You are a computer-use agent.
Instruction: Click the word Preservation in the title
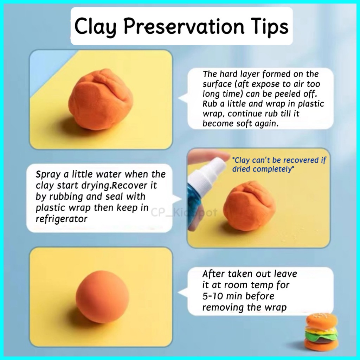point(184,26)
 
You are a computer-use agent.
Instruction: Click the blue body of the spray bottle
point(194,202)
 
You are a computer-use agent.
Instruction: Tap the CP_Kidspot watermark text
point(184,213)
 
